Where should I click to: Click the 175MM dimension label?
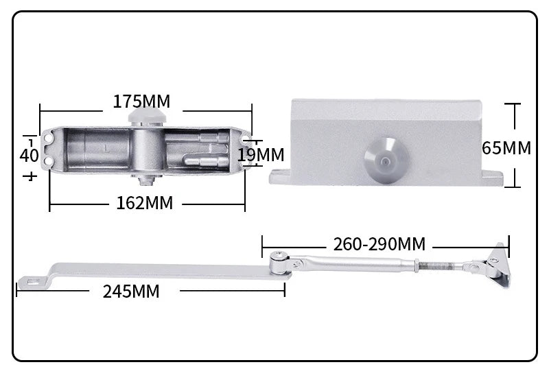[x=141, y=102]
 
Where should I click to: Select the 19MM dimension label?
[x=261, y=155]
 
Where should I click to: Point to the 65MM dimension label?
[x=506, y=147]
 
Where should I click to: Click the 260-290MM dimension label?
[x=379, y=244]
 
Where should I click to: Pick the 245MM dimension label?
[x=131, y=291]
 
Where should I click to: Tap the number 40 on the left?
[x=29, y=155]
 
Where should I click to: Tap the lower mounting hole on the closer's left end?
[x=49, y=162]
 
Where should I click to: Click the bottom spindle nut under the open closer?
[x=143, y=182]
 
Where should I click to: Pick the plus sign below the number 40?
[x=30, y=176]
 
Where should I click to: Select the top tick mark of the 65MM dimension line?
[x=512, y=104]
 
